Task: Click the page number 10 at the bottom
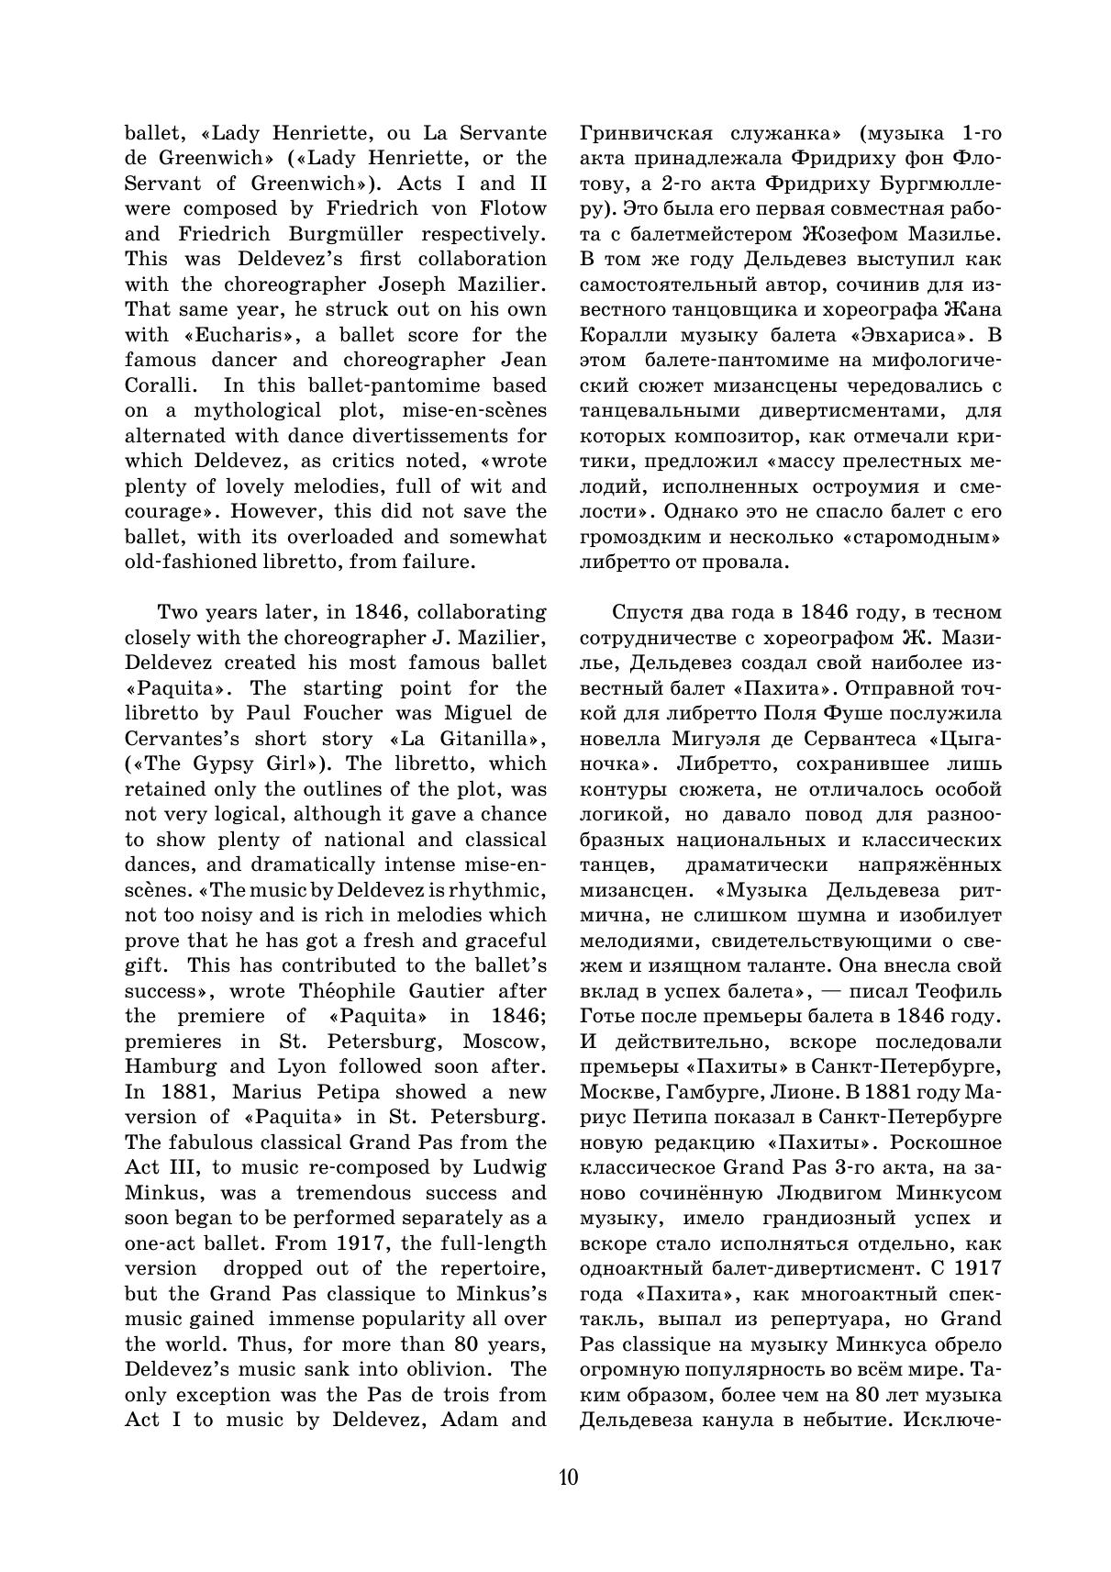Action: click(567, 1477)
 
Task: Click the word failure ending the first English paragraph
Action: click(440, 562)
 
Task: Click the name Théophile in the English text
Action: click(348, 991)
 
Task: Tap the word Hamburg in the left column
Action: click(171, 1066)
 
